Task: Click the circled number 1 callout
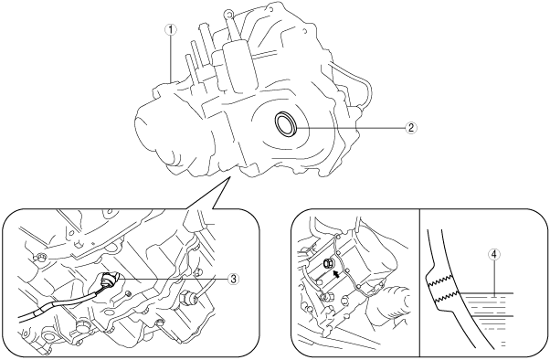point(171,30)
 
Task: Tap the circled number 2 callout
point(411,127)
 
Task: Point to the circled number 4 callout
point(493,255)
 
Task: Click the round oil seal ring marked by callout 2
point(286,123)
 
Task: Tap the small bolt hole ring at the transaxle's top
point(228,14)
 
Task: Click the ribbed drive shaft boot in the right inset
point(388,304)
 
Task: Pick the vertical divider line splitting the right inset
point(420,283)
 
